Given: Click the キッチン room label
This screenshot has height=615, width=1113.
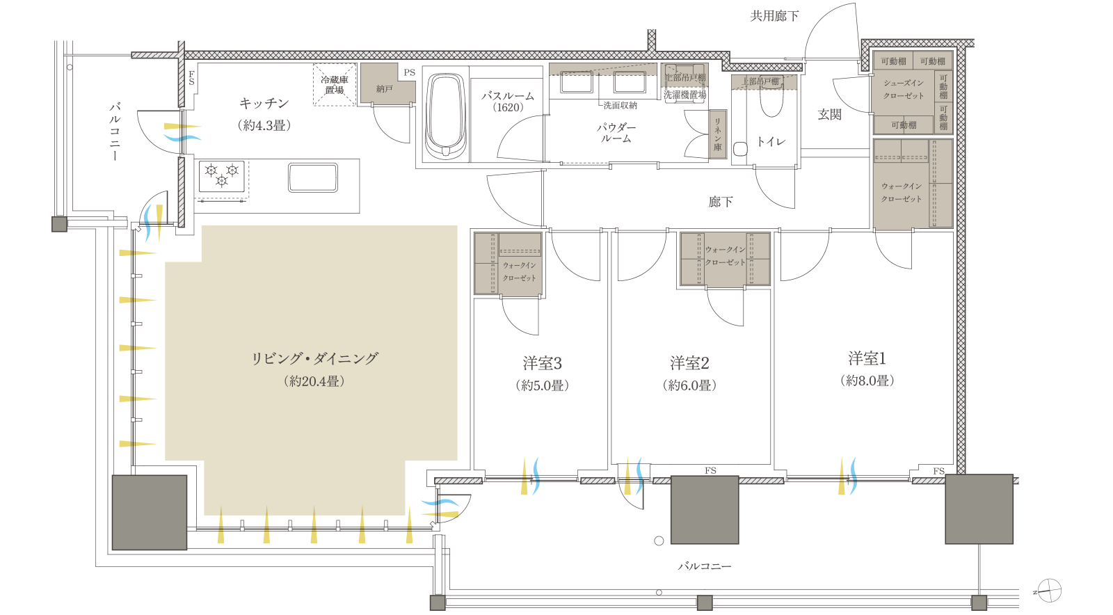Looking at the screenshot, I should (264, 104).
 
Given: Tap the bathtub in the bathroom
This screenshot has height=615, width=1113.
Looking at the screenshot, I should (445, 115).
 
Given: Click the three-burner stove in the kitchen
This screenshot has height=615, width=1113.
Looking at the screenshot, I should (222, 175).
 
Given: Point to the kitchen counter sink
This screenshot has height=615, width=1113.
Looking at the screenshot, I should (313, 177).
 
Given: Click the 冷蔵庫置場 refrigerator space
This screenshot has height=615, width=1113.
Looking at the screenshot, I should (335, 85).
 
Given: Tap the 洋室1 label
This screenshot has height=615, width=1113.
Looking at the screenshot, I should (867, 359).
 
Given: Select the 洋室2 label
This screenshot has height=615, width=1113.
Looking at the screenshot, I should (689, 363).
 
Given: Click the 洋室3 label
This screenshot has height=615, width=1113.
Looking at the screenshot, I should (542, 363).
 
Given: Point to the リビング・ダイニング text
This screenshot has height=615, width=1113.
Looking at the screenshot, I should (314, 359).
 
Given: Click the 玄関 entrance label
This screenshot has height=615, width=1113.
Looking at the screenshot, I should (829, 115).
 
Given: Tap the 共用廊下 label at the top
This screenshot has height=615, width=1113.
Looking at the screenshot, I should (774, 16).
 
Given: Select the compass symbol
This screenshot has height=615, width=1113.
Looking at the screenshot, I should (1049, 591).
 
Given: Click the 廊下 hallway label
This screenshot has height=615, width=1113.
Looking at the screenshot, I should (721, 202).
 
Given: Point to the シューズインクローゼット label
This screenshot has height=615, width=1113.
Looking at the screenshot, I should (904, 89).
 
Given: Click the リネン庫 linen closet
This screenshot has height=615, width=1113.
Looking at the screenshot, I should (717, 134).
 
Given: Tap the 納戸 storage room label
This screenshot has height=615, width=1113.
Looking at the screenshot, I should (384, 89).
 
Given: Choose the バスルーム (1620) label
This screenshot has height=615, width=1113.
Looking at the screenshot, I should (508, 102).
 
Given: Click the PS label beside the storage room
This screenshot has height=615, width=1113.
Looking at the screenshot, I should (409, 72).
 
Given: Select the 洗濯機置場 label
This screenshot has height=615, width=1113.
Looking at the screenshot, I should (684, 95).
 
